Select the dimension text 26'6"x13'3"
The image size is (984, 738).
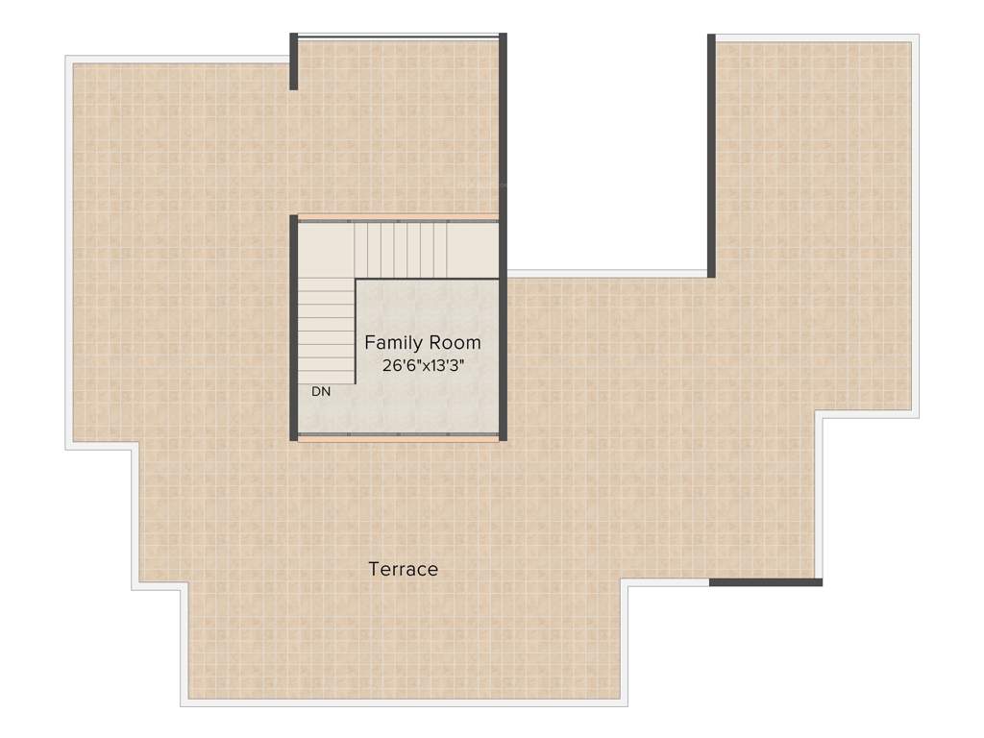(x=424, y=366)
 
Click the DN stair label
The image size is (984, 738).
(x=321, y=392)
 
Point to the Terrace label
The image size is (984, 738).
(x=404, y=569)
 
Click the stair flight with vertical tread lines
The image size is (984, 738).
(x=401, y=249)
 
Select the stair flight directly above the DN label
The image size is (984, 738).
(x=326, y=332)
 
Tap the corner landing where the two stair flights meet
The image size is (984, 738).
(x=326, y=250)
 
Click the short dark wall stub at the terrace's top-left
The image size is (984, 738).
(x=293, y=61)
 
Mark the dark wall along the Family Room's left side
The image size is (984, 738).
(x=293, y=327)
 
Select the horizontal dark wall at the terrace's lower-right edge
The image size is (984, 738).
(x=766, y=581)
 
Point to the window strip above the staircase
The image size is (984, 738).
(x=398, y=217)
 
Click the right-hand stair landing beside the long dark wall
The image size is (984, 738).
(x=474, y=249)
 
